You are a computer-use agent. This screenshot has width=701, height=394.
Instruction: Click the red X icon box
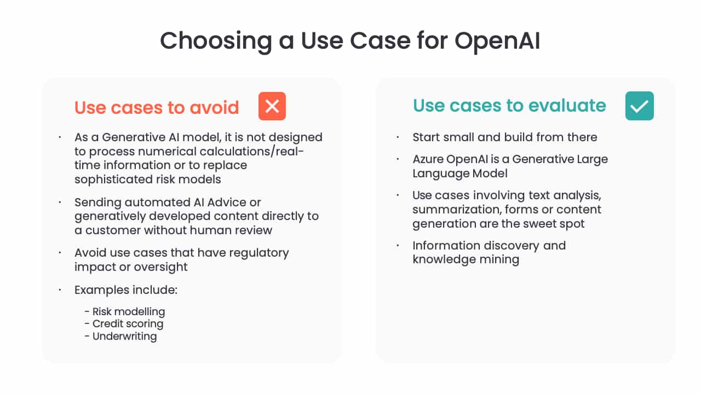tap(272, 106)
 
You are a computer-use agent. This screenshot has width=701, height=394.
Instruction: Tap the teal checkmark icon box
tap(639, 106)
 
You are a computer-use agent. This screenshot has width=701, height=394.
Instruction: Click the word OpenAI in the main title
tap(497, 40)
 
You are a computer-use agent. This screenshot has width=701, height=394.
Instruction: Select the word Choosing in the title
tap(216, 41)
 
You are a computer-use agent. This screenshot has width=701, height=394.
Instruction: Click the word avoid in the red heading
tap(214, 108)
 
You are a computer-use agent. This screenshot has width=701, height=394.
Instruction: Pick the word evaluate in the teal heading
tap(567, 106)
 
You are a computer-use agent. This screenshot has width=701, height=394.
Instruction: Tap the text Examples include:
tap(126, 290)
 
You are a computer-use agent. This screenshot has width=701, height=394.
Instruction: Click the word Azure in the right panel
tap(428, 159)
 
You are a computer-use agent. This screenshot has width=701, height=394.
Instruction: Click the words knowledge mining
tap(466, 259)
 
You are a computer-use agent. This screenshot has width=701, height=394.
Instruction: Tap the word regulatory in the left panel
tap(259, 253)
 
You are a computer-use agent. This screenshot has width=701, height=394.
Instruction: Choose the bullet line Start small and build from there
tap(505, 137)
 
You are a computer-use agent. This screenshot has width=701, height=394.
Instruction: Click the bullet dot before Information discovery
tap(398, 246)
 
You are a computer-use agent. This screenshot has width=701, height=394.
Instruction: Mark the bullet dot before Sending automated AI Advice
tap(60, 202)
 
